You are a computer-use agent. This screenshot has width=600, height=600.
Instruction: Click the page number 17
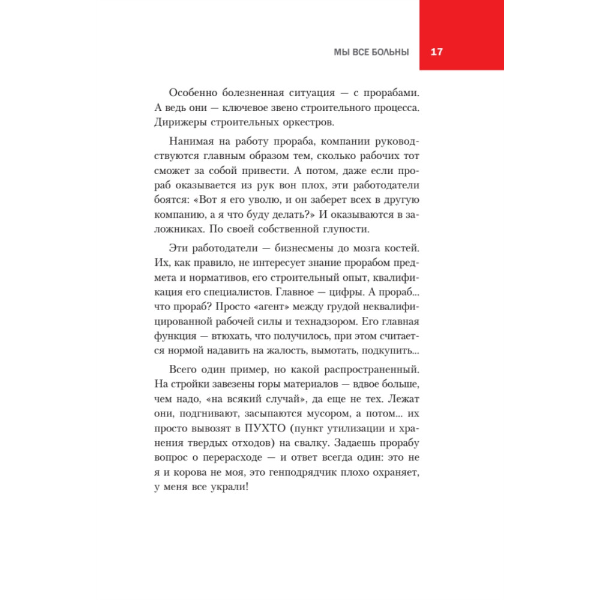pos(436,52)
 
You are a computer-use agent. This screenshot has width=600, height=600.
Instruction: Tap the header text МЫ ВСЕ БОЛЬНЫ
pos(371,52)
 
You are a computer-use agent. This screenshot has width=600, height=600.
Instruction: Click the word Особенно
pos(191,92)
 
